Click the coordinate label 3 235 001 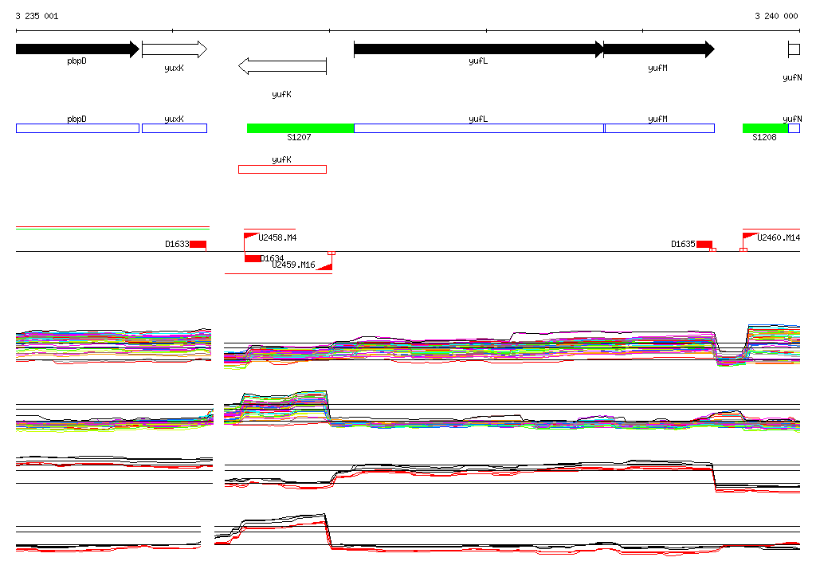(x=37, y=16)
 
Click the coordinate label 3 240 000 (x=775, y=16)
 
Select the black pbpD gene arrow (x=76, y=49)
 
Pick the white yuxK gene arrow (x=174, y=49)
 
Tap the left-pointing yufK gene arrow (x=283, y=66)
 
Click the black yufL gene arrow (x=478, y=49)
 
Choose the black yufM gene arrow (x=658, y=49)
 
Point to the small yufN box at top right (x=794, y=49)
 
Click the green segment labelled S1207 (x=300, y=128)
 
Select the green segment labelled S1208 (x=765, y=128)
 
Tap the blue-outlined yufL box (x=478, y=128)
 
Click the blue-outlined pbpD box (x=77, y=128)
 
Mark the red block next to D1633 (x=198, y=244)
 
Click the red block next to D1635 (x=704, y=244)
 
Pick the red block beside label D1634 (x=253, y=258)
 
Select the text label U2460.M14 (x=779, y=237)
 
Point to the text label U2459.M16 (x=293, y=265)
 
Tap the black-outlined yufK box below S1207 (x=282, y=169)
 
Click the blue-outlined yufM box (x=659, y=128)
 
